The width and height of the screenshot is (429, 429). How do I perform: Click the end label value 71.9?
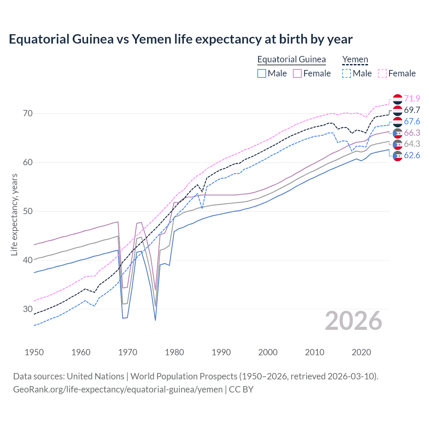tap(412, 99)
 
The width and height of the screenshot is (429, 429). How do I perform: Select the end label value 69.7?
tap(412, 110)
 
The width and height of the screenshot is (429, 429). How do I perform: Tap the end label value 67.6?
tap(412, 122)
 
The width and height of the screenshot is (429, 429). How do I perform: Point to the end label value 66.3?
tap(412, 133)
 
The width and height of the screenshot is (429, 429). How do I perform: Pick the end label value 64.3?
tap(412, 144)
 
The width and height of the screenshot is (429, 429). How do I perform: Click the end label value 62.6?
tap(412, 156)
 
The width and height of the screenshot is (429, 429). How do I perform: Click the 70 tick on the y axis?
tap(28, 114)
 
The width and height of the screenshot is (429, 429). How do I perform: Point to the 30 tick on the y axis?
tap(28, 309)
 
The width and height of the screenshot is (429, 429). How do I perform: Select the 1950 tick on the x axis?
tap(34, 352)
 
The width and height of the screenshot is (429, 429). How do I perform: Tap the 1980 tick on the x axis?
tap(174, 352)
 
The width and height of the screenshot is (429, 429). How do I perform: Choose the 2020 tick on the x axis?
tap(361, 352)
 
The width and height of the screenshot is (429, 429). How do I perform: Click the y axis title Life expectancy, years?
tap(14, 214)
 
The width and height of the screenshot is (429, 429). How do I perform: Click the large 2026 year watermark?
tap(354, 321)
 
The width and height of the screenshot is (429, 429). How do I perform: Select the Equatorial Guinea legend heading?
tap(291, 60)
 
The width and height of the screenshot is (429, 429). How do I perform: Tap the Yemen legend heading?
tap(355, 60)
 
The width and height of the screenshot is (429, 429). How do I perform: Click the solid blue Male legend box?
tap(262, 73)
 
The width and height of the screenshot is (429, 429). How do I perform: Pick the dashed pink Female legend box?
tap(382, 73)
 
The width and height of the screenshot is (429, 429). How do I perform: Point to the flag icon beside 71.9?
tap(397, 99)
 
